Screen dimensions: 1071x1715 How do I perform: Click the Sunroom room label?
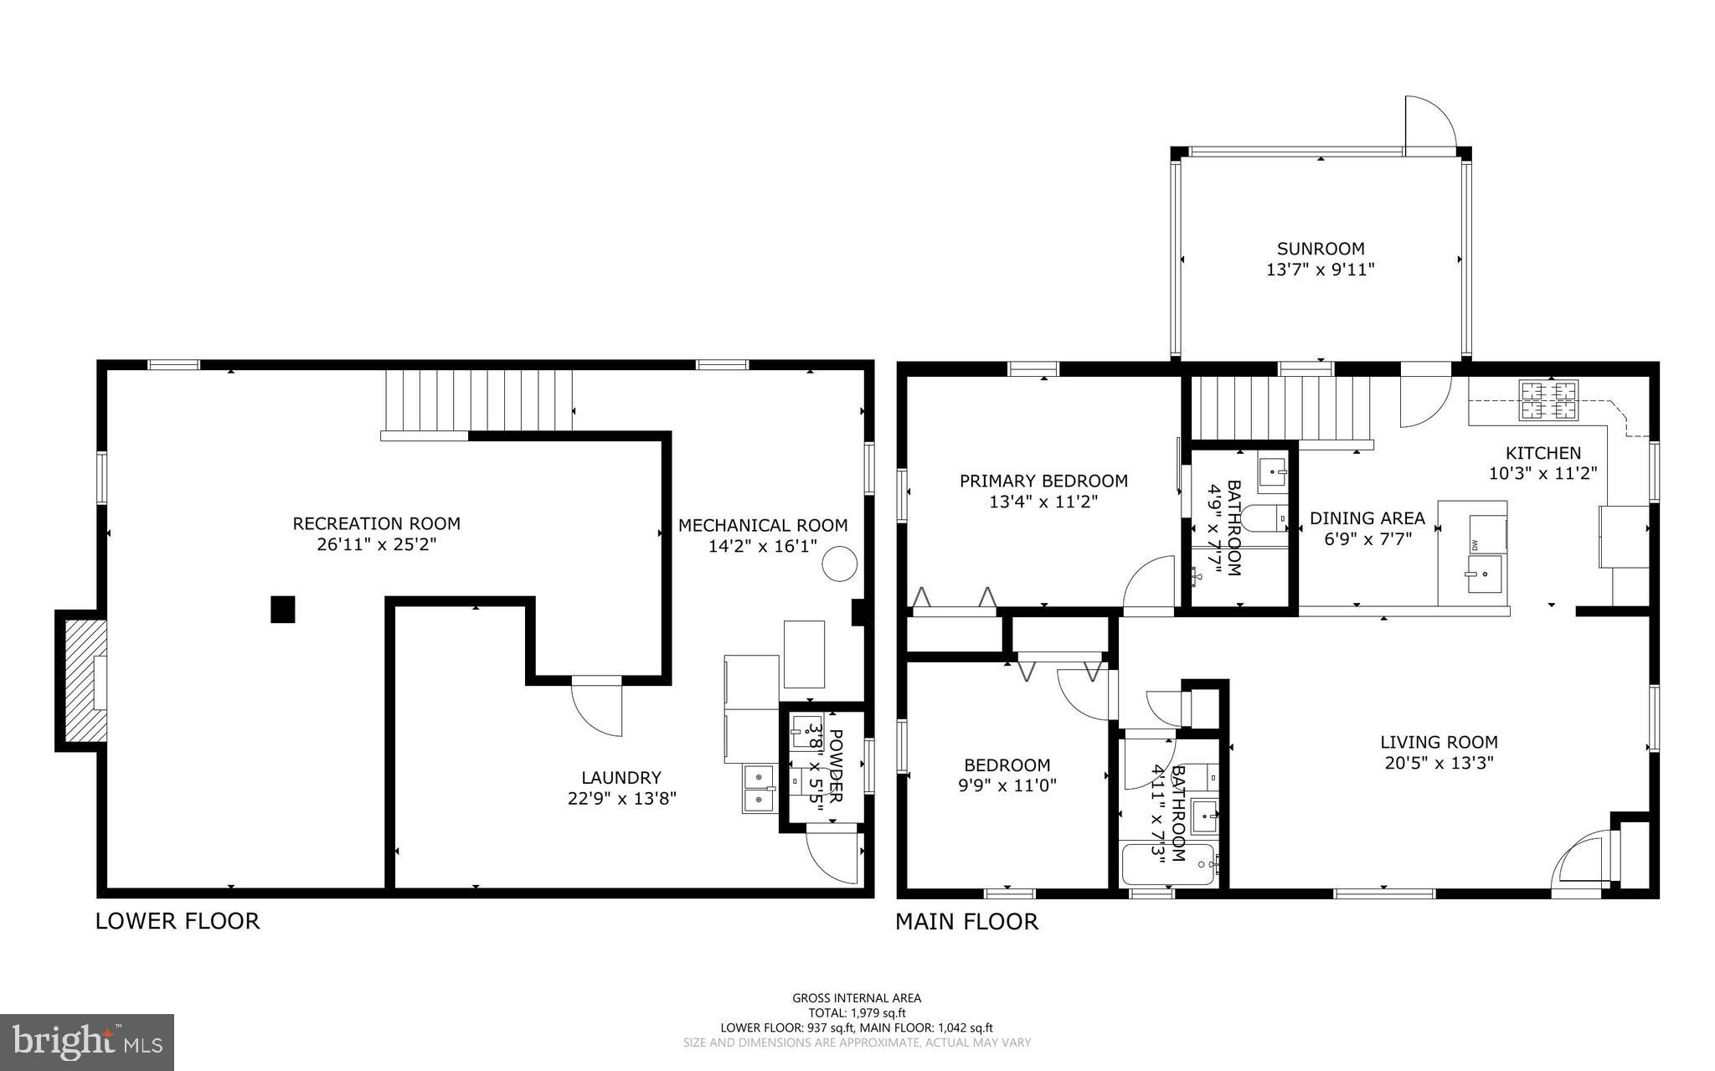click(1320, 249)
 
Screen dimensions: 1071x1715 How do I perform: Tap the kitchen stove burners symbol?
click(1548, 399)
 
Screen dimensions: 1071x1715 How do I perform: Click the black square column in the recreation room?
click(283, 609)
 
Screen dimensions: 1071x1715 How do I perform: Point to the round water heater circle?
click(838, 564)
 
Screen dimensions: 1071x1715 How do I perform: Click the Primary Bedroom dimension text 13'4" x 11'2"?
click(1043, 502)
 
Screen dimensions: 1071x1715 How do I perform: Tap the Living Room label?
click(1438, 742)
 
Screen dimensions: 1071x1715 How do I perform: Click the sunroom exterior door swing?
click(1429, 126)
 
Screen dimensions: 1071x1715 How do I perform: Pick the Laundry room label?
click(621, 777)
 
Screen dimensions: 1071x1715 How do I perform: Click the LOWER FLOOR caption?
click(178, 921)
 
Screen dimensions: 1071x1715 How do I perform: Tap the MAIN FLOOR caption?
click(966, 922)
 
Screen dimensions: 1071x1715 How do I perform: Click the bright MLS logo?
click(87, 1042)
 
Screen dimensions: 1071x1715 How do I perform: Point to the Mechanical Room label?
click(762, 525)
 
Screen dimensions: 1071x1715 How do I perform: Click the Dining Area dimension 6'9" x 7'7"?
click(1367, 539)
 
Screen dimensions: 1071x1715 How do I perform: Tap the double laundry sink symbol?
click(759, 789)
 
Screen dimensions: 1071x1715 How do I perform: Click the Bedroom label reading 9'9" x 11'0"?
click(1007, 785)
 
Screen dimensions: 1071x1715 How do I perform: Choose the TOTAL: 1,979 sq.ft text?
click(856, 1012)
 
